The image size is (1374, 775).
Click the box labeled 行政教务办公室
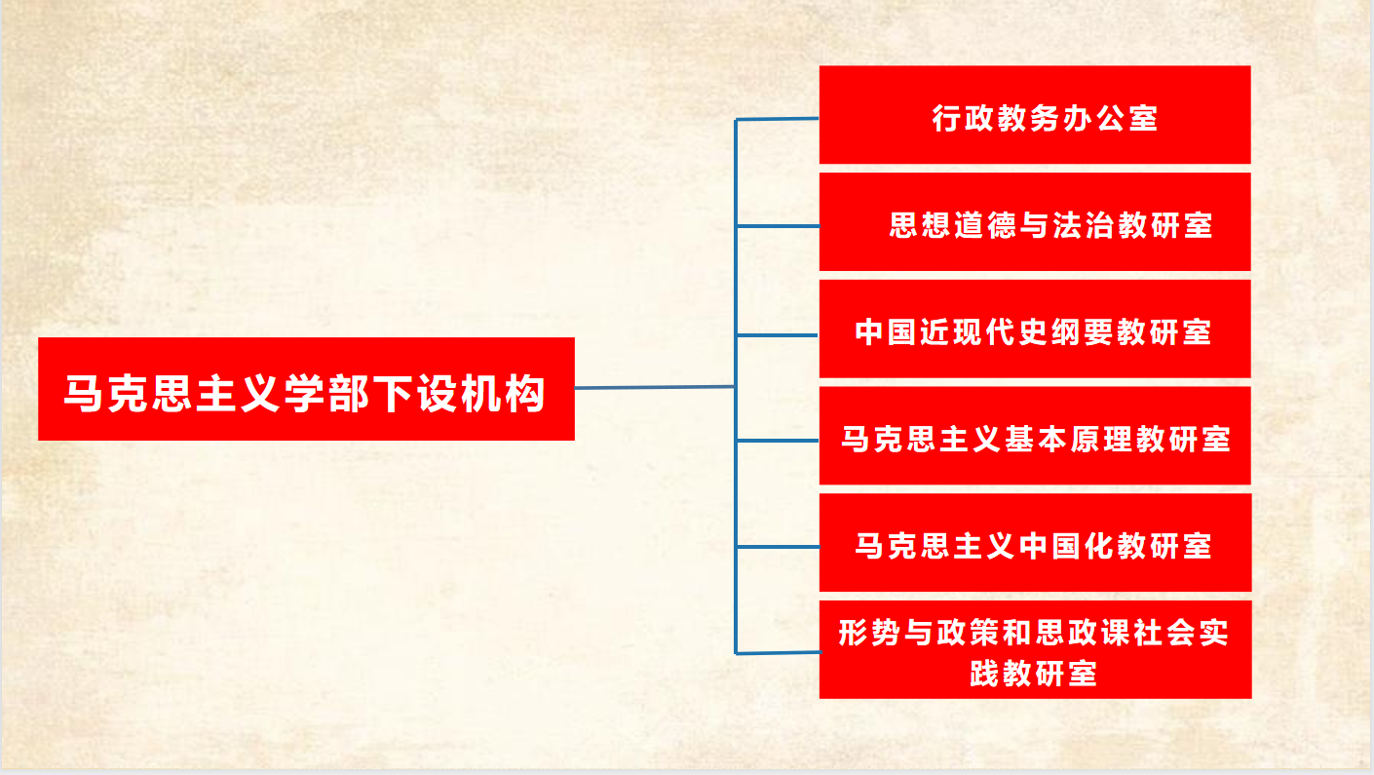tap(1035, 115)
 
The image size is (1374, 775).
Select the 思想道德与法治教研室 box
tap(1035, 221)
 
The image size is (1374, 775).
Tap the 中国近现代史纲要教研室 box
tap(1035, 329)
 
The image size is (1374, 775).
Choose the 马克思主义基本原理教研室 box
tap(1035, 436)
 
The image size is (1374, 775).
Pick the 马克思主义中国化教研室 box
tap(1036, 542)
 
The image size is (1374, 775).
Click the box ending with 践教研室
tap(1036, 649)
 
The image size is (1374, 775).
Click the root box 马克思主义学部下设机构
tap(306, 389)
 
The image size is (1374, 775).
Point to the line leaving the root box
tap(655, 387)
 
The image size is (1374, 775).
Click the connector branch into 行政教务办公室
tap(778, 119)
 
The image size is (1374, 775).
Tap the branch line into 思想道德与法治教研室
tap(778, 226)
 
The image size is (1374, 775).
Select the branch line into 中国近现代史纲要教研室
tap(778, 335)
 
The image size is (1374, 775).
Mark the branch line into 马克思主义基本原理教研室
tap(778, 441)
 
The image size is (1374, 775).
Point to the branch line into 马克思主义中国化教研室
tap(778, 547)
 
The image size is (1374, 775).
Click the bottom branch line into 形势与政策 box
tap(778, 653)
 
